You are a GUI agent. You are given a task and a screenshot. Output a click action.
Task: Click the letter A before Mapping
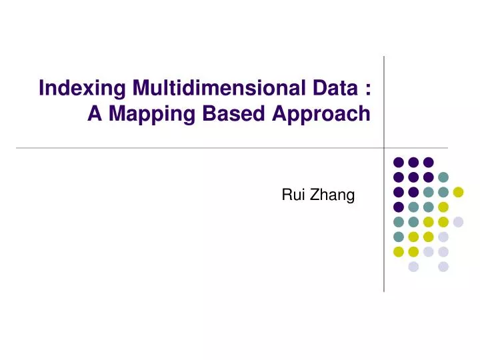[x=95, y=114]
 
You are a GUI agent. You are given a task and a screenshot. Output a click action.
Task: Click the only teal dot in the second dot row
[x=443, y=177]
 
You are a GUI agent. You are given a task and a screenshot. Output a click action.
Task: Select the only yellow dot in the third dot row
[x=458, y=192]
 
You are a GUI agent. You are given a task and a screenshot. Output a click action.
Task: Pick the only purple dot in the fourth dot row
[x=398, y=207]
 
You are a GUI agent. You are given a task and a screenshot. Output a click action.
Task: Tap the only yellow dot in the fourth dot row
[x=443, y=207]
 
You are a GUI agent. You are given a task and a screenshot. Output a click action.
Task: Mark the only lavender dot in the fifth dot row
[x=458, y=222]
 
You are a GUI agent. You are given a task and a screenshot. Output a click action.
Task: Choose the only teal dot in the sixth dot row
[x=398, y=237]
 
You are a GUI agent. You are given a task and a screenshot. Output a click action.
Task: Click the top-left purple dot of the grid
[x=398, y=161]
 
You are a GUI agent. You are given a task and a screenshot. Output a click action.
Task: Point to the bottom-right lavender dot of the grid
[x=443, y=267]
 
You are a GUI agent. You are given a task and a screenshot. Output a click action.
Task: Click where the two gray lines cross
[x=384, y=147]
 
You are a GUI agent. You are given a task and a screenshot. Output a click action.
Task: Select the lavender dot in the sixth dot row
[x=443, y=237]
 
